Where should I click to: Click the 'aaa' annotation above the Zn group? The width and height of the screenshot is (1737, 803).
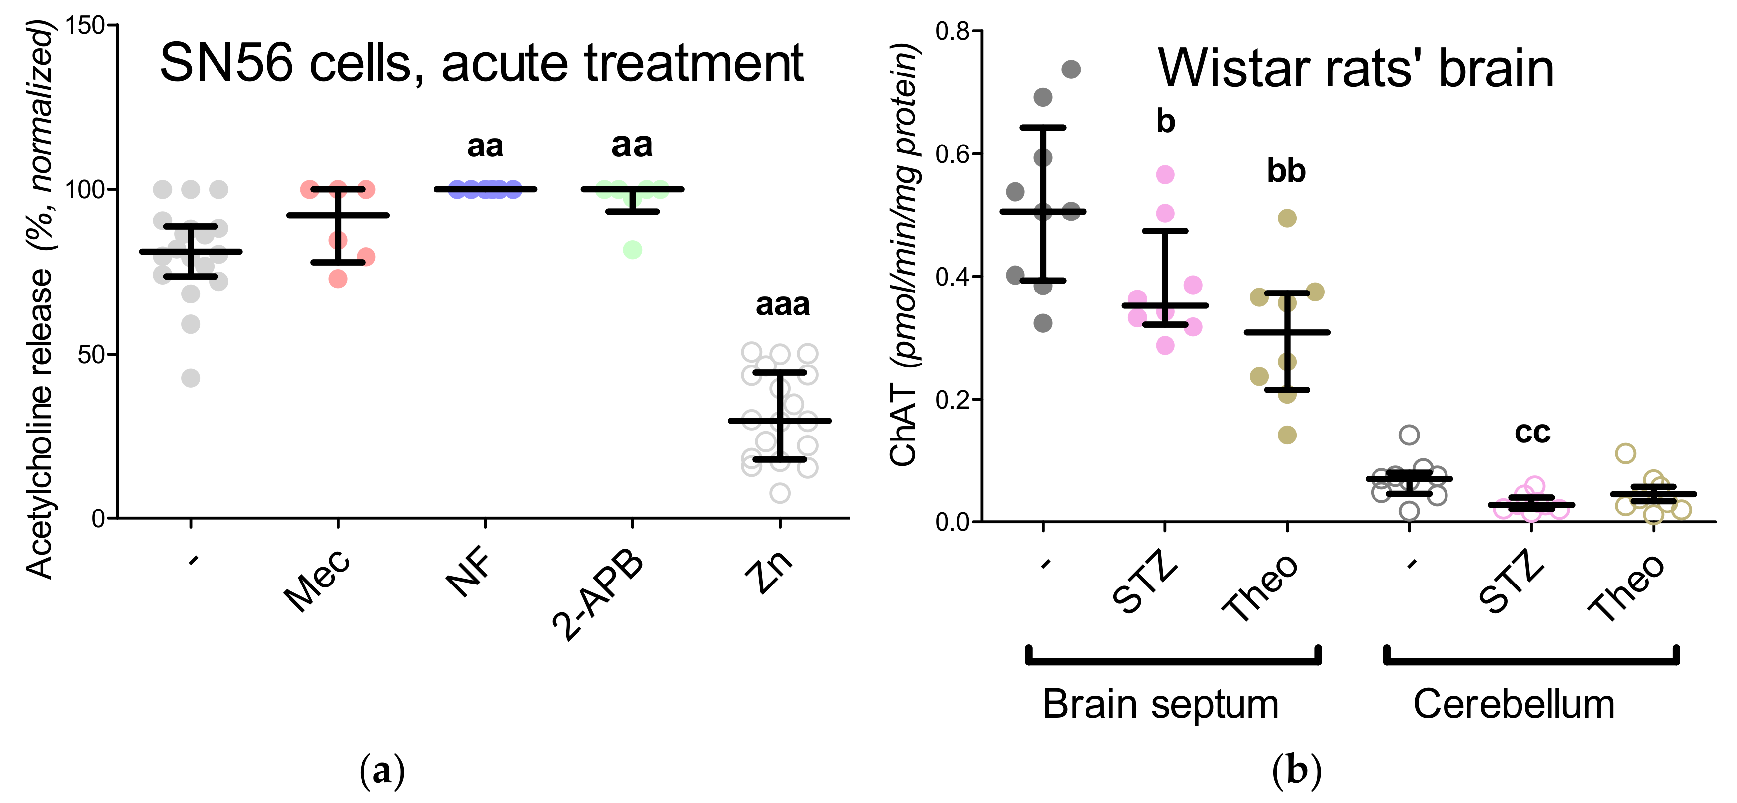(782, 305)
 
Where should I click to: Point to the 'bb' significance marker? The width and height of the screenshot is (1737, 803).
(1286, 171)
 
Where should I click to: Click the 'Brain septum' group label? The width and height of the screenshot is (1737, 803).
(1160, 705)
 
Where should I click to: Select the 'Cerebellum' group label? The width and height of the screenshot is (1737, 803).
(1514, 705)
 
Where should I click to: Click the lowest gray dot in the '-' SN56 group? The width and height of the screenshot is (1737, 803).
(191, 378)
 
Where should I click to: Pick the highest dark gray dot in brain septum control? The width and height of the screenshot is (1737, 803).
(1071, 69)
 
